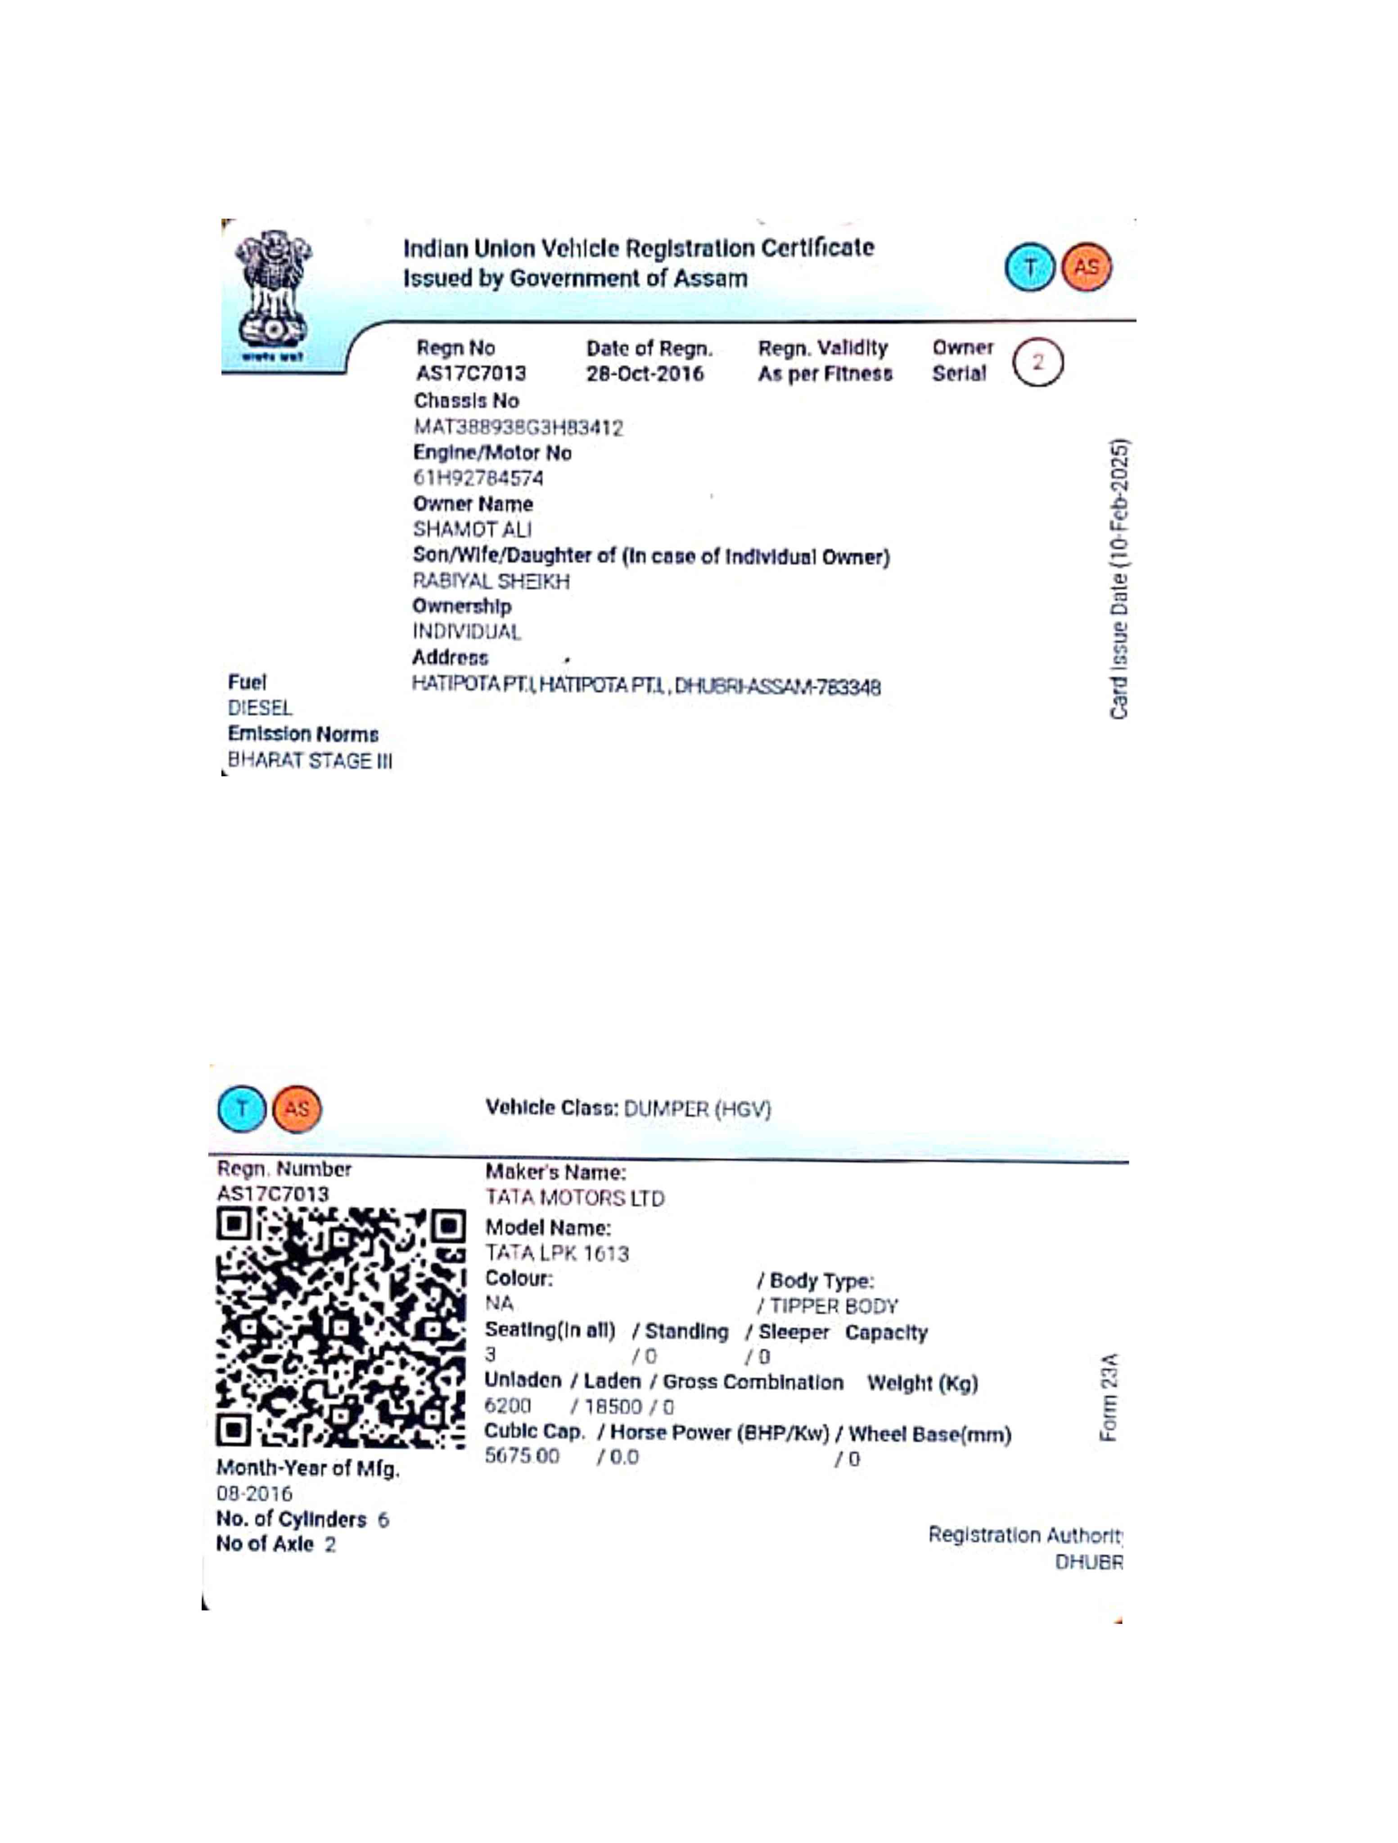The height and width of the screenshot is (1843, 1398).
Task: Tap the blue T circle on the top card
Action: [1029, 267]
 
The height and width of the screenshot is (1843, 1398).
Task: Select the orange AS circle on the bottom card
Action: [297, 1109]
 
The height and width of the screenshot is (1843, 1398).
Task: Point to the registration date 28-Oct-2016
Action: [645, 373]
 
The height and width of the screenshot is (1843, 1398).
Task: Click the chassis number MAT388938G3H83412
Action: [519, 427]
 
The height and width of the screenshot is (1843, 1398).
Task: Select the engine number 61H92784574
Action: [478, 478]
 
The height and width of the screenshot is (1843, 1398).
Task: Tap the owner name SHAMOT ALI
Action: [472, 529]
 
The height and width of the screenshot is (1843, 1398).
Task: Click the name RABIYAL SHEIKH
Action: [491, 581]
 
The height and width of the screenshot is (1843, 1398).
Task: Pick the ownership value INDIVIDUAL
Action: [467, 632]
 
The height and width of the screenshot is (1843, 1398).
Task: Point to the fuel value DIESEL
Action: [260, 708]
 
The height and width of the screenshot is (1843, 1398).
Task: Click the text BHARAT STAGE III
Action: [309, 761]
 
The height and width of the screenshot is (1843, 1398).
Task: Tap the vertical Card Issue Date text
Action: [1119, 579]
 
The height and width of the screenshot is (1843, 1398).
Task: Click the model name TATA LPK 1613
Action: [557, 1253]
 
